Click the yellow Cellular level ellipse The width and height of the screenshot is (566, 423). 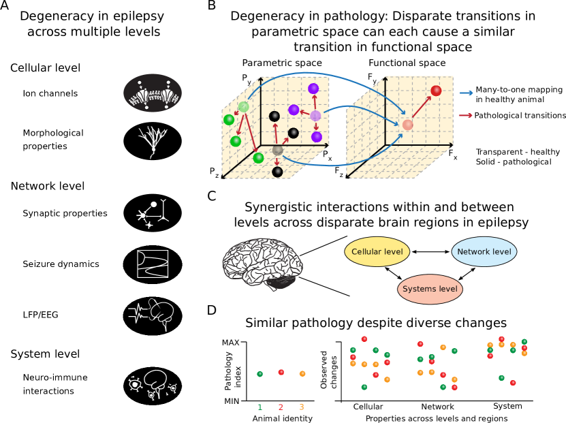(377, 251)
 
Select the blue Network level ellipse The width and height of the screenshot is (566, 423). (484, 251)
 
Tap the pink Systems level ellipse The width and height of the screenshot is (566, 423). (430, 289)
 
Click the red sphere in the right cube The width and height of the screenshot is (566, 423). (436, 91)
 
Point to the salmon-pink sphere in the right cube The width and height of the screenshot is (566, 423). (407, 125)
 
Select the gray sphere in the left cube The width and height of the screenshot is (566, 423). (278, 149)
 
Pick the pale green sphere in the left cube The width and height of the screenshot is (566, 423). (243, 107)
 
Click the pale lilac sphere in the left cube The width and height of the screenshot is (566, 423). (315, 116)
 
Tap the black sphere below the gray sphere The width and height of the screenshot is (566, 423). (277, 172)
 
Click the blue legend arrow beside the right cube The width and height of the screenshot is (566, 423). (466, 93)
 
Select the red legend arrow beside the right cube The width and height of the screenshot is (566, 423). (466, 115)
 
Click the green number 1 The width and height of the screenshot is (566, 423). (260, 407)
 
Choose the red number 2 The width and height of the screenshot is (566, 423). (281, 407)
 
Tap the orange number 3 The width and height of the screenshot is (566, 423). (301, 407)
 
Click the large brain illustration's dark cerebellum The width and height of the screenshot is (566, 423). (281, 282)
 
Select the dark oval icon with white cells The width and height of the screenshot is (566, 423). (153, 93)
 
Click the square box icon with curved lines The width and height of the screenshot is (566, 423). (153, 264)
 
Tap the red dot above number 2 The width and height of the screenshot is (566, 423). (281, 373)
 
